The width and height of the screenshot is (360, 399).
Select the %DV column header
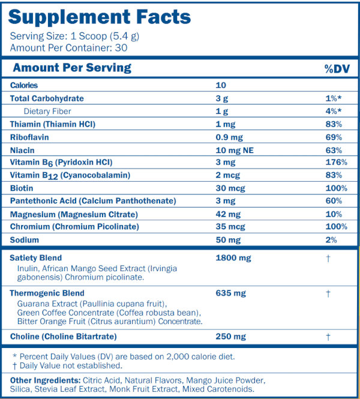point(337,68)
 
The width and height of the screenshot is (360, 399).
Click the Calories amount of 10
point(220,86)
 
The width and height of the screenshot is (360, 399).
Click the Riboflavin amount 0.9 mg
point(227,137)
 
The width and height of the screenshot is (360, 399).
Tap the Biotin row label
point(22,188)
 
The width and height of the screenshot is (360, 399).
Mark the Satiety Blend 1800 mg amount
point(233,258)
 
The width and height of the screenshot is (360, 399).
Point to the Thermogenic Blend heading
point(44,293)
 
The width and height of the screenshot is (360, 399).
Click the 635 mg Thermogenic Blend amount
point(230,293)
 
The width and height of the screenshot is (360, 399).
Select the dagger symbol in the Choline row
point(328,337)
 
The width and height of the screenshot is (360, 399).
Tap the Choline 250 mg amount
point(230,337)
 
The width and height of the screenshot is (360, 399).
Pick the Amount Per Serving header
point(72,68)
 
